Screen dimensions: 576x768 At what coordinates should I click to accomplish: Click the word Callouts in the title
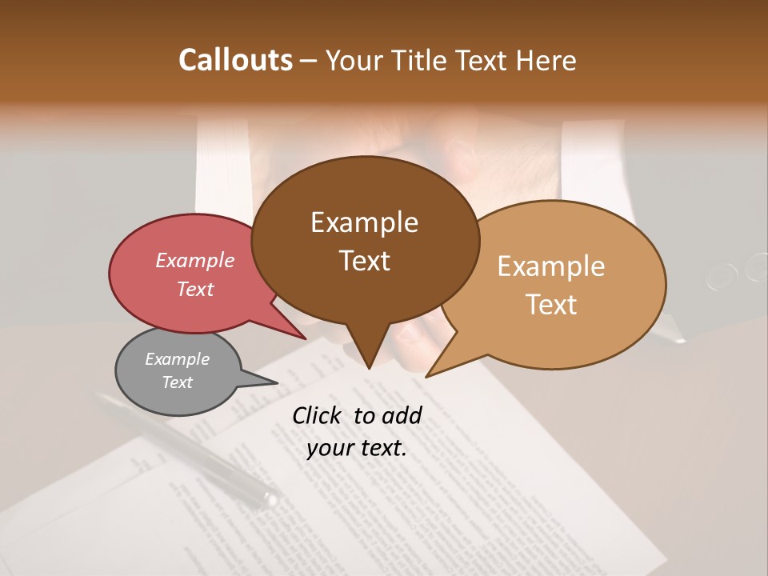coord(235,60)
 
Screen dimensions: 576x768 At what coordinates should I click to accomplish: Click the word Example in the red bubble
coord(194,260)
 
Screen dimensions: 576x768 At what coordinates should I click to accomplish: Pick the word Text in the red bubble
coord(194,289)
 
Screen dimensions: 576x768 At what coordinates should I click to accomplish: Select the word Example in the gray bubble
coord(177,359)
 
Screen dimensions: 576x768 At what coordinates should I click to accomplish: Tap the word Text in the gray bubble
coord(177,382)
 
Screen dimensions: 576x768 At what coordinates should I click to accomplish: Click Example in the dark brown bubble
coord(364,222)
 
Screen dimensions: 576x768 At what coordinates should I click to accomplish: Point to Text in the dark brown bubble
coord(364,261)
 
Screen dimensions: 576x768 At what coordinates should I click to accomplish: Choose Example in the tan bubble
coord(551,266)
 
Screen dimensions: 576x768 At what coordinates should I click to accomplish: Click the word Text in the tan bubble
coord(551,305)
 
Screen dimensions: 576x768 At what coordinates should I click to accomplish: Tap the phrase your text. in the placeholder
coord(356,448)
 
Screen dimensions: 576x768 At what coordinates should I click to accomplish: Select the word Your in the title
coord(356,61)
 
